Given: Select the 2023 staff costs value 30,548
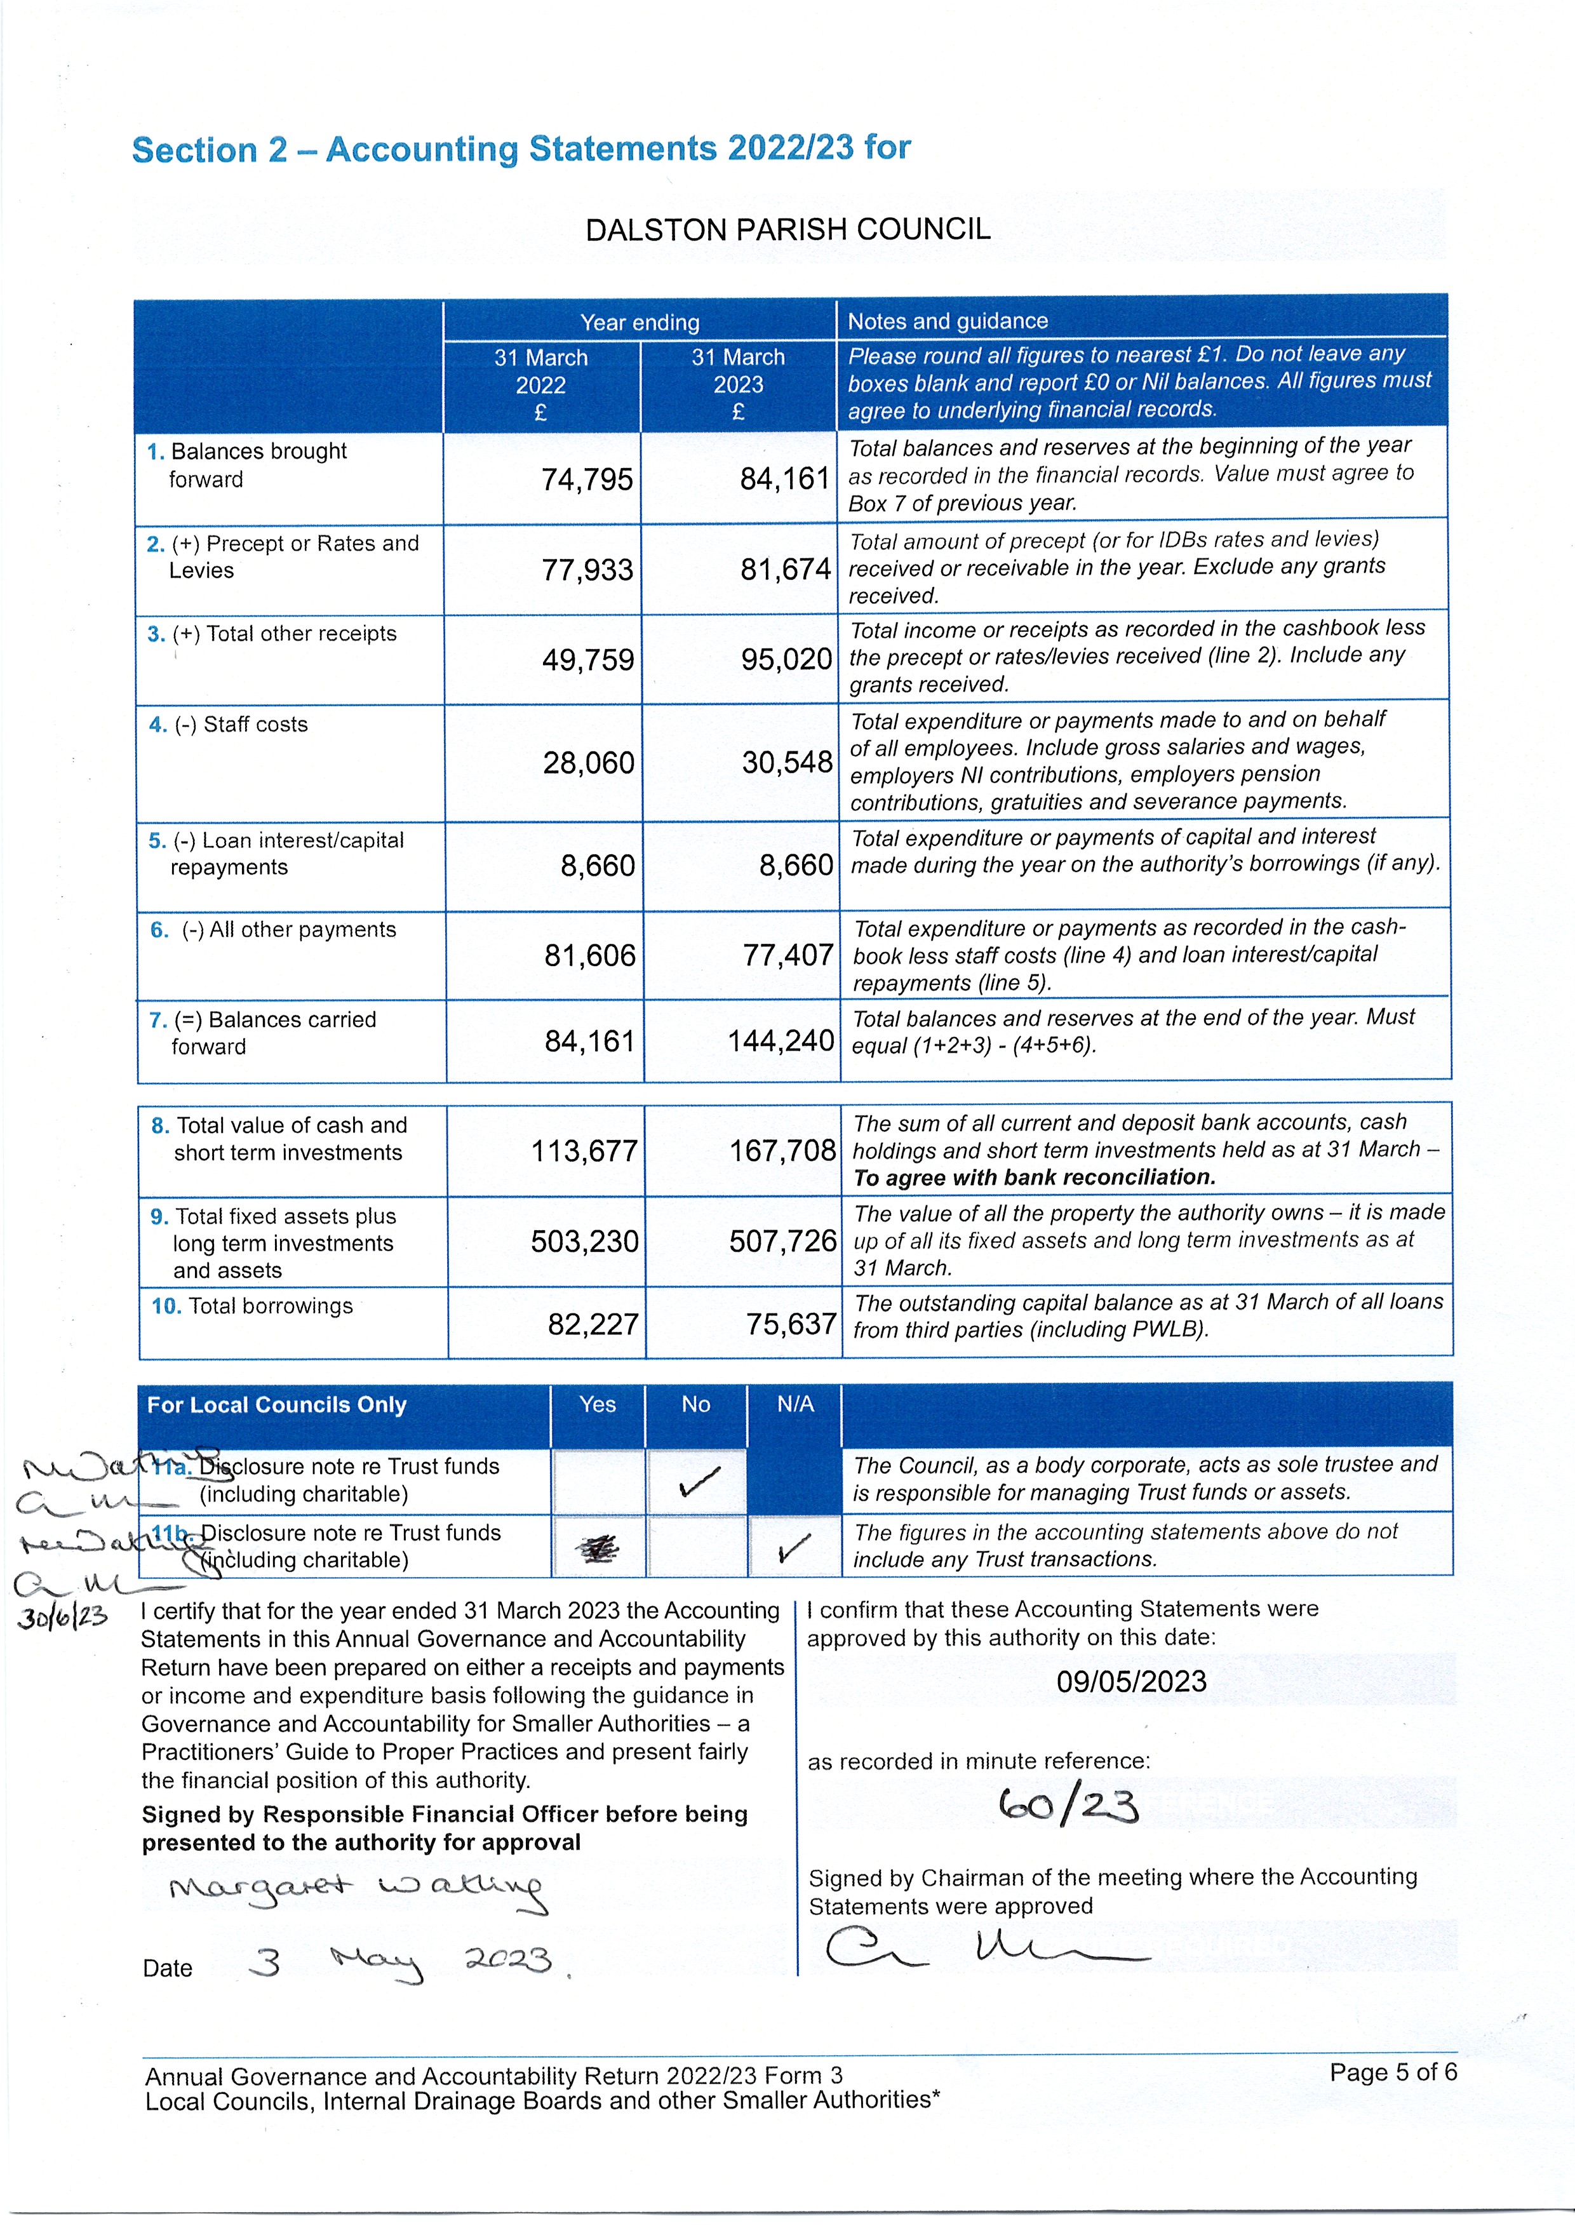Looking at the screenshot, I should (786, 763).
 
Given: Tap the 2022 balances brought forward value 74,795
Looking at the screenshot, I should (586, 480).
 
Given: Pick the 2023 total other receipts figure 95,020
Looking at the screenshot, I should (786, 660).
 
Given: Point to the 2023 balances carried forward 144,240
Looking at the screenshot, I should (781, 1041).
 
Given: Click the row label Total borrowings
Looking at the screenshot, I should (270, 1306).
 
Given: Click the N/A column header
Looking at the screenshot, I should (794, 1404).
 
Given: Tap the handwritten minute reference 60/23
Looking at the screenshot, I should (1068, 1806).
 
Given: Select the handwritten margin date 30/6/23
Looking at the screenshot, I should (62, 1618).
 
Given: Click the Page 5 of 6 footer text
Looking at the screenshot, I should (1393, 2073).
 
